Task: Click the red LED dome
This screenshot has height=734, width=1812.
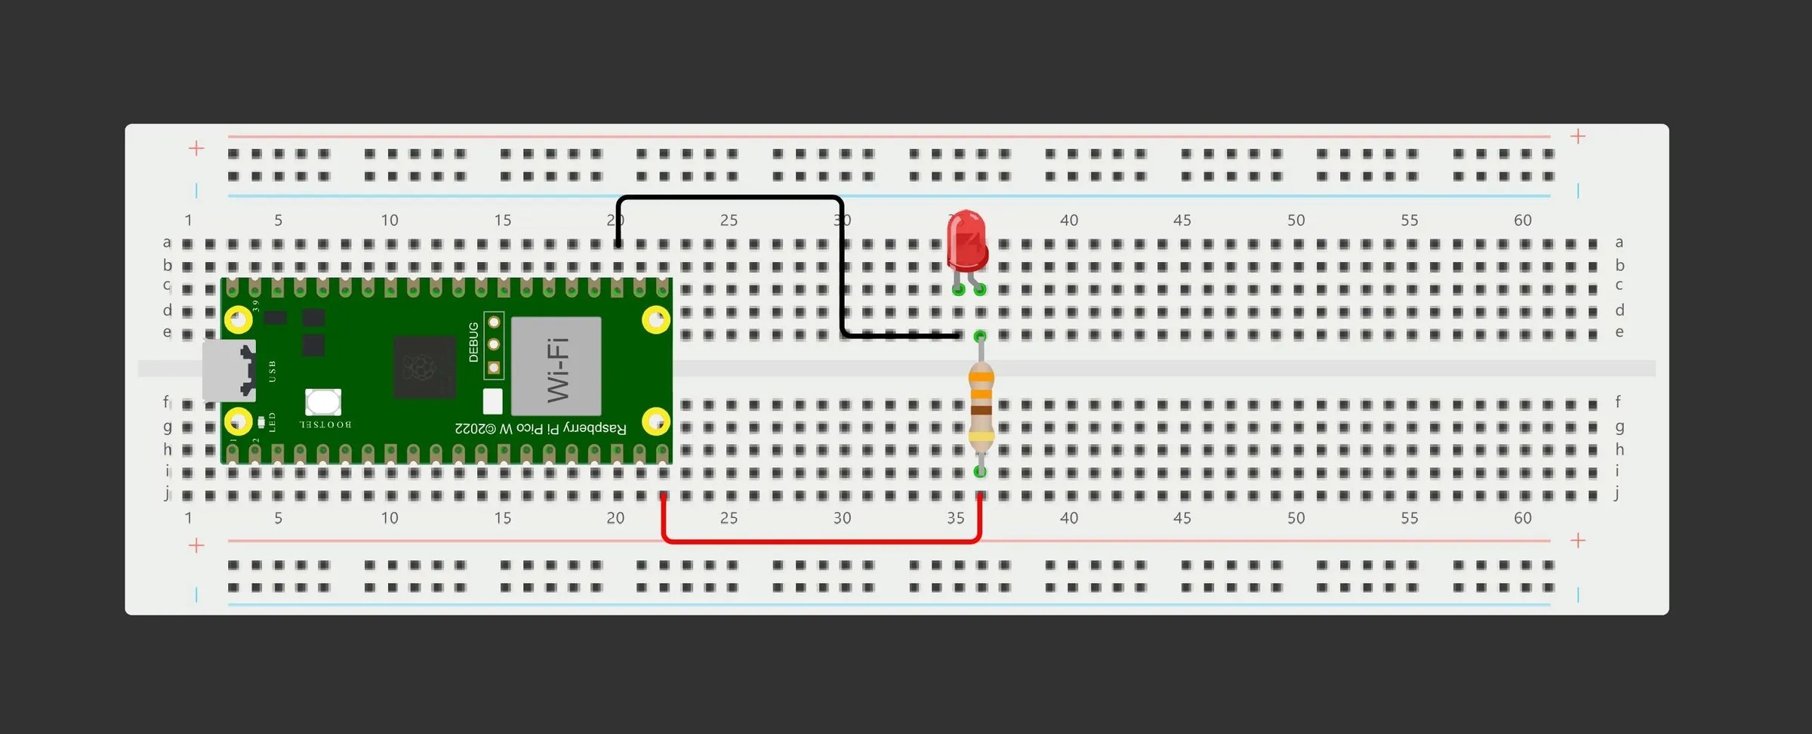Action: point(967,240)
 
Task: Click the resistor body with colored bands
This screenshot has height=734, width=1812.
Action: point(981,408)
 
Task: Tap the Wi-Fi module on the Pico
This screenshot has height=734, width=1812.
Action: point(556,367)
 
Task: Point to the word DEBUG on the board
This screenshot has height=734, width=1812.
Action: point(473,342)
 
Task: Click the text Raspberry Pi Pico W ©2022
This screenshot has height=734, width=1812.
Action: point(541,429)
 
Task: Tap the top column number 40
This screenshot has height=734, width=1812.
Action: point(1068,221)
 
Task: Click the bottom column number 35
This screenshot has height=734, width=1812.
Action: point(955,518)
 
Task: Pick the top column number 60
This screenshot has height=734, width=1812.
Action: point(1522,221)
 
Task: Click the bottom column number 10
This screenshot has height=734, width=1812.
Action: point(389,518)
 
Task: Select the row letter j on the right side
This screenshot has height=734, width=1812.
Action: point(1616,494)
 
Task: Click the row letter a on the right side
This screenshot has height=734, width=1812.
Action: point(1619,242)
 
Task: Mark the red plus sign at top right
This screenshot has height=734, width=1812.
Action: point(1577,137)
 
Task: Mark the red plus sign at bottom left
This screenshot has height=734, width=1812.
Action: point(196,545)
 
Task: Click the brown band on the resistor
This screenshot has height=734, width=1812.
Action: point(981,410)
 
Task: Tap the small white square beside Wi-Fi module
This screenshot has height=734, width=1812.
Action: point(492,401)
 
